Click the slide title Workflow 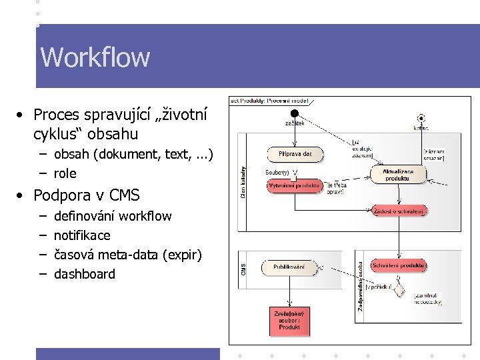pos(95,57)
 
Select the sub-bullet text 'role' pos(65,173)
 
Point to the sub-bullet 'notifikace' pos(82,235)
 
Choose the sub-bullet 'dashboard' pos(85,274)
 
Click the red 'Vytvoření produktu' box pos(294,185)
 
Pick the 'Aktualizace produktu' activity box pos(399,175)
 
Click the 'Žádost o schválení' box pos(399,211)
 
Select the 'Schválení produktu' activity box pos(399,265)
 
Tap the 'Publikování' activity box pos(289,267)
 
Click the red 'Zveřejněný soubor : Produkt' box pos(289,321)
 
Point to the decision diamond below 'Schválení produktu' pos(399,289)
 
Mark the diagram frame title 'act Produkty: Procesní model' pos(269,101)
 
